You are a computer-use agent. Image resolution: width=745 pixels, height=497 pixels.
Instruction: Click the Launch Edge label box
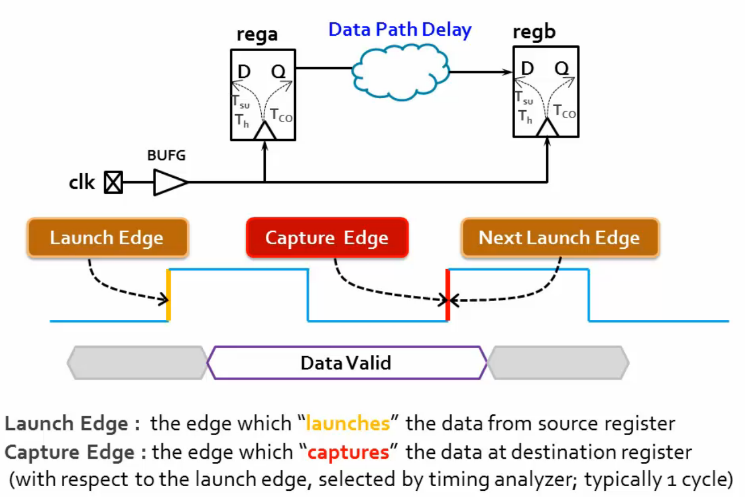[x=107, y=237]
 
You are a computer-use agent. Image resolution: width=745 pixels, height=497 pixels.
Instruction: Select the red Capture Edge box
[x=327, y=237]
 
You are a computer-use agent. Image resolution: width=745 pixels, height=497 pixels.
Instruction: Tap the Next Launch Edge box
[x=559, y=237]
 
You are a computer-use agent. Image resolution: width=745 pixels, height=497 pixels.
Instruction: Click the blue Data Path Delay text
[x=400, y=30]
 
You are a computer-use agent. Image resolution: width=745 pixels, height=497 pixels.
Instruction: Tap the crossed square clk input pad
[x=113, y=183]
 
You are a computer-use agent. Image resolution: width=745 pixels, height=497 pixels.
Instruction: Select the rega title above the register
[x=257, y=35]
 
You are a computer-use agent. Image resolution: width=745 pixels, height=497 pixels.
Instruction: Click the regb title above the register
[x=534, y=32]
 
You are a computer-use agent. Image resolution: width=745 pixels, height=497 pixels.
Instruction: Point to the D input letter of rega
[x=244, y=72]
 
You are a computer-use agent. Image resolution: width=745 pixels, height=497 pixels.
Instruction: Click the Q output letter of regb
[x=561, y=69]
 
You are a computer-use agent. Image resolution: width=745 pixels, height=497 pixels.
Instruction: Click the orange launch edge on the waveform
[x=168, y=295]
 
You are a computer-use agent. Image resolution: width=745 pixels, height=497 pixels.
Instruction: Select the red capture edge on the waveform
[x=448, y=295]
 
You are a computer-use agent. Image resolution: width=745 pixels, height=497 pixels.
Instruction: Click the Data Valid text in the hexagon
[x=346, y=362]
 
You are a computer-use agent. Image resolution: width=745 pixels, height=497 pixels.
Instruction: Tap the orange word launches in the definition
[x=348, y=424]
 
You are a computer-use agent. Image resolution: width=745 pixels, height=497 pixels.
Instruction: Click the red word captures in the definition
[x=348, y=452]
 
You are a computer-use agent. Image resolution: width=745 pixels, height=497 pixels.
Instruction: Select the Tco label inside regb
[x=564, y=111]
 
